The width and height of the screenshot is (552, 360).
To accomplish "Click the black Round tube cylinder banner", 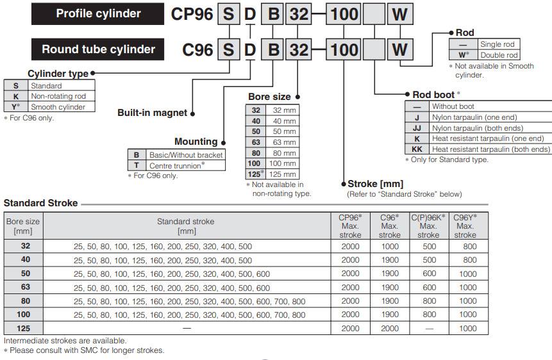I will (x=98, y=49).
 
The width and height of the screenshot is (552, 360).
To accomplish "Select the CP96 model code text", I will (x=192, y=14).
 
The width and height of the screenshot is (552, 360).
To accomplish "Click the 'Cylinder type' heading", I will (x=58, y=74).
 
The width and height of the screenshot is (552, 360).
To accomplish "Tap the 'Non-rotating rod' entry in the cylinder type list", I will (x=58, y=96).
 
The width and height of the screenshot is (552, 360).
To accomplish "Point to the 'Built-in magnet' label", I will (x=152, y=113).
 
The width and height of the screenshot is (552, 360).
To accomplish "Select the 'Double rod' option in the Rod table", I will (x=498, y=54).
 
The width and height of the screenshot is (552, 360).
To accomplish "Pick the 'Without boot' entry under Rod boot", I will (x=453, y=106).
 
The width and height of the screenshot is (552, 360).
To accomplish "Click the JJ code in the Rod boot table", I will (x=417, y=128).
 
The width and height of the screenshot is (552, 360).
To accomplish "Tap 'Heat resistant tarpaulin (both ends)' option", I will (x=490, y=149).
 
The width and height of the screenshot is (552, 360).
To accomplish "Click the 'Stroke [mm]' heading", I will (x=375, y=184).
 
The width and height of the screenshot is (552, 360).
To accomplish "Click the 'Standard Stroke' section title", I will (x=40, y=203).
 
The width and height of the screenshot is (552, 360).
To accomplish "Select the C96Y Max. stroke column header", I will (x=465, y=226).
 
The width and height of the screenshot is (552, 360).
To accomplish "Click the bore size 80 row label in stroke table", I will (x=23, y=301).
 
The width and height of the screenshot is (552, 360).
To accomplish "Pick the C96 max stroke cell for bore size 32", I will (x=389, y=246).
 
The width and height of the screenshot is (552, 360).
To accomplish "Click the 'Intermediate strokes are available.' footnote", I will (x=65, y=341).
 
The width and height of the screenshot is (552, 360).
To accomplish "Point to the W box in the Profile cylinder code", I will (x=399, y=14).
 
